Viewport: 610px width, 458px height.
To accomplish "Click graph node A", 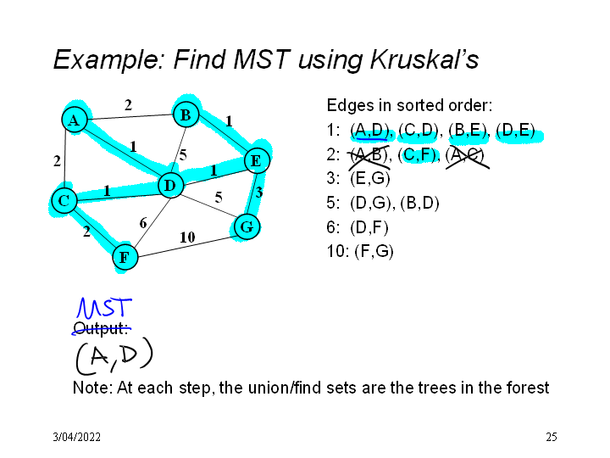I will click(75, 120).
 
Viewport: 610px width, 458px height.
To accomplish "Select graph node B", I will click(186, 114).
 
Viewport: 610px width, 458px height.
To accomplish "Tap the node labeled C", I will click(63, 201).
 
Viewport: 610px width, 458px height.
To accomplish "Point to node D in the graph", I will click(169, 185).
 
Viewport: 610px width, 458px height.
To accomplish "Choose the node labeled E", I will click(255, 160).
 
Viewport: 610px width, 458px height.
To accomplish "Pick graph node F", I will click(125, 256).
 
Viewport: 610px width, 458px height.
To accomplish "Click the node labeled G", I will click(246, 226).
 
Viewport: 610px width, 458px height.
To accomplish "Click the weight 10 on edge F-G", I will click(187, 237).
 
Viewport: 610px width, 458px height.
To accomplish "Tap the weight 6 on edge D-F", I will click(143, 222).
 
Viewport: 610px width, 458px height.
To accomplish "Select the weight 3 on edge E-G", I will click(259, 193).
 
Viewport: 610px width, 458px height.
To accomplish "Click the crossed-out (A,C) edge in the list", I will click(467, 154).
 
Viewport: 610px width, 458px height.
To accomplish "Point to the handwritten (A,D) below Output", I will click(113, 357).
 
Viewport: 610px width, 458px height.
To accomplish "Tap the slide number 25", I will click(552, 438).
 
